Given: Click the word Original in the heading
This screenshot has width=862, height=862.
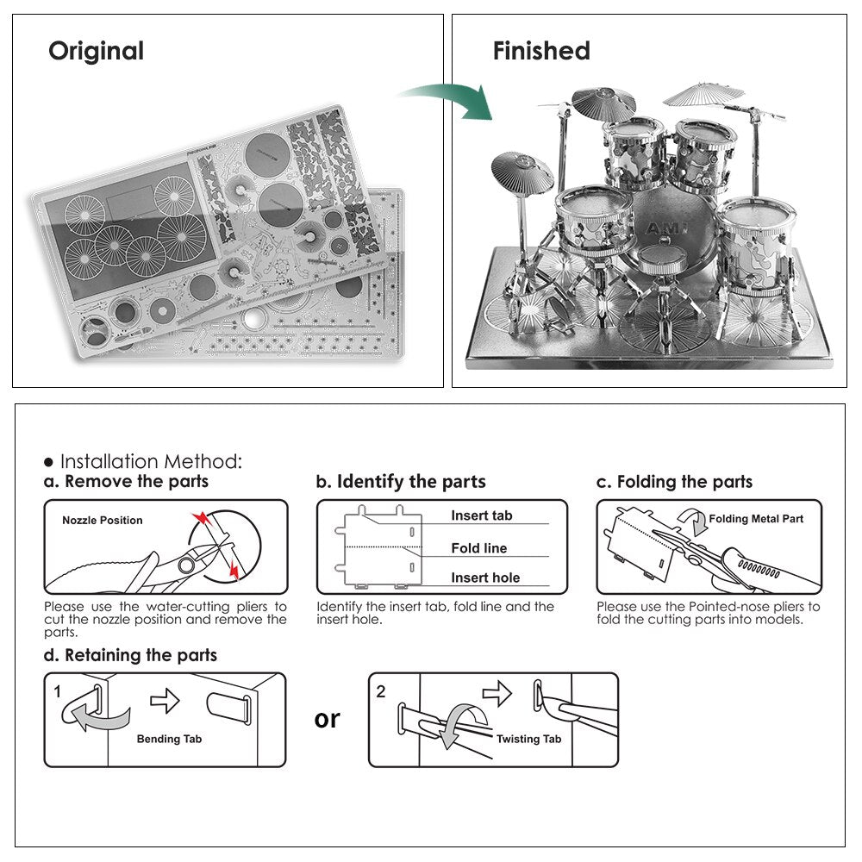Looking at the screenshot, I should click(x=96, y=51).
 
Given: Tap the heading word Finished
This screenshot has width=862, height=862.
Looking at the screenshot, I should click(x=541, y=51).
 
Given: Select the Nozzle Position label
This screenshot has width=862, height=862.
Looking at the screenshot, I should click(x=103, y=521).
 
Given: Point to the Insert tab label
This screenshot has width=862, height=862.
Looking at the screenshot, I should click(x=481, y=515).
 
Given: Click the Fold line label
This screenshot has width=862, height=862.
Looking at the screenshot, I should click(x=478, y=548).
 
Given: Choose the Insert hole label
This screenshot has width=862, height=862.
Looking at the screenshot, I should click(x=485, y=578).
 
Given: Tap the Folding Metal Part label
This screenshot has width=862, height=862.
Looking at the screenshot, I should click(x=756, y=519).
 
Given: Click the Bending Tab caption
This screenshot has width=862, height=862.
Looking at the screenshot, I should click(x=170, y=739).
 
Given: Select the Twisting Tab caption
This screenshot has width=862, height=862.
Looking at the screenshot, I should click(x=528, y=739).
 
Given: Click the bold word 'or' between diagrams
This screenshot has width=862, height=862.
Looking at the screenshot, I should click(x=328, y=718).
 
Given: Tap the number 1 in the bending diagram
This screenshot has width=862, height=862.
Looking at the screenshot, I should click(x=58, y=691).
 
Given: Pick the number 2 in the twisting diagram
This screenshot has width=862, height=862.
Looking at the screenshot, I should click(x=382, y=691).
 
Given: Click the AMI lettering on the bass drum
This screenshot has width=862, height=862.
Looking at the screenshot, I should click(x=661, y=227).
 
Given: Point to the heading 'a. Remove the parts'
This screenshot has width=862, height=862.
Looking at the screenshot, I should click(x=126, y=482).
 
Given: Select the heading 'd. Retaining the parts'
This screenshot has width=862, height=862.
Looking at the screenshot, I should click(x=130, y=655).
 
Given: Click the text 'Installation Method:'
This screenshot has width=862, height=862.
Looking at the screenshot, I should click(x=150, y=462).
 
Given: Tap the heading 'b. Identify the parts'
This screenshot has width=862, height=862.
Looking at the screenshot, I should click(x=401, y=482).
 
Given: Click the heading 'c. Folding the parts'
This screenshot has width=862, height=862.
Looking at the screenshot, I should click(x=674, y=482).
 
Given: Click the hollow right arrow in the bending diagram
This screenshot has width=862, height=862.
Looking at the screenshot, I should click(x=165, y=701).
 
